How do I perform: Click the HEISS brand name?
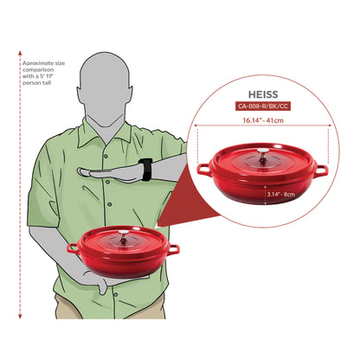point(263,94)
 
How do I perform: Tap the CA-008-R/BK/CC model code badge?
point(263,106)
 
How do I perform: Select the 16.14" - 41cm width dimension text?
point(263,120)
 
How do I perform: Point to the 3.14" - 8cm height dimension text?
point(280,194)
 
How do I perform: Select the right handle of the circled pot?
point(321,170)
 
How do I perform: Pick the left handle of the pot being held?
point(74,248)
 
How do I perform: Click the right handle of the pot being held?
point(173,249)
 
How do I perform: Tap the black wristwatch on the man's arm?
point(145,170)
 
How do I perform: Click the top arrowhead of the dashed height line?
point(20,53)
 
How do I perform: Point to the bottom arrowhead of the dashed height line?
point(20,316)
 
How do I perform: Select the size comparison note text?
point(43,73)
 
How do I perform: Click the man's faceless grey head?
point(104,89)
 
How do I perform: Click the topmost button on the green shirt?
point(106,156)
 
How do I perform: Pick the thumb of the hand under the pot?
point(102,286)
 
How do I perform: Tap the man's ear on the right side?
point(131,93)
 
